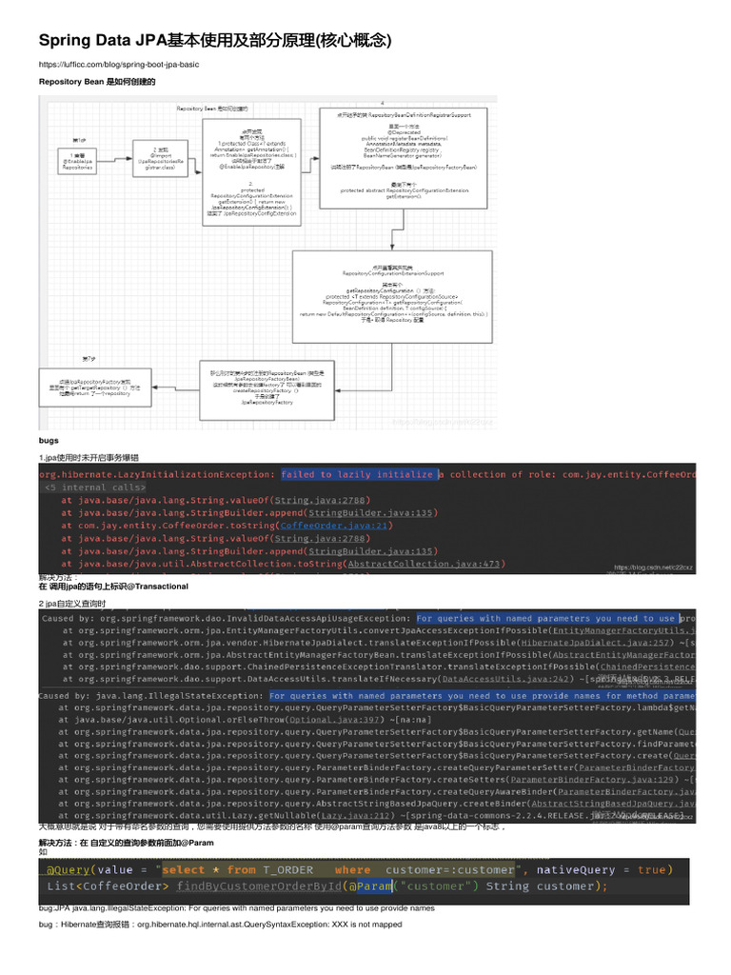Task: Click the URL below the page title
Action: point(118,65)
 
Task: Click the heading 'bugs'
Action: point(49,441)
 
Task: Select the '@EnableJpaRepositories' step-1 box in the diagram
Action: point(79,163)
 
